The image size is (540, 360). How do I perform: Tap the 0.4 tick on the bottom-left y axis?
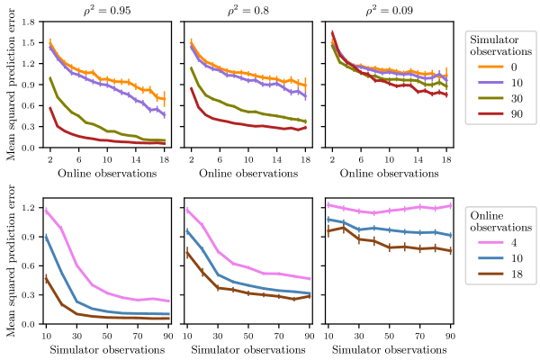pyautogui.click(x=28, y=285)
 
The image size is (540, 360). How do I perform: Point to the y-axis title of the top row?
pyautogui.click(x=11, y=85)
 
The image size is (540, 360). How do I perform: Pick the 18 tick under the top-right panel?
pyautogui.click(x=446, y=157)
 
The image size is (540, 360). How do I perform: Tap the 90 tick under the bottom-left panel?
pyautogui.click(x=169, y=334)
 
